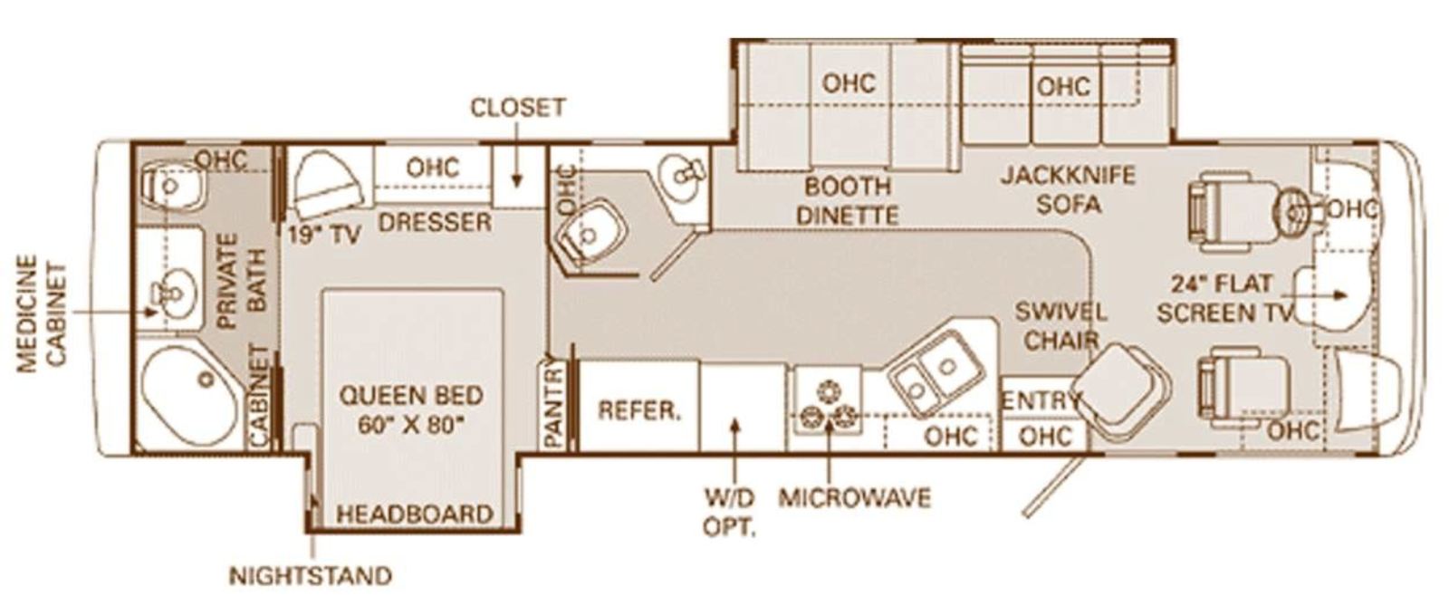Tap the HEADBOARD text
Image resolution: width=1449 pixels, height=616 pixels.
pos(415,515)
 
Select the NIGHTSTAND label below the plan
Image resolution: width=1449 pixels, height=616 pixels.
pos(311,575)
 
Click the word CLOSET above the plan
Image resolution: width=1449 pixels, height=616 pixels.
pos(518,108)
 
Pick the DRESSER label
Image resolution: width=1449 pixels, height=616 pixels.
pos(435,223)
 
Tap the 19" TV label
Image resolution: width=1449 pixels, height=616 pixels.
pos(324,236)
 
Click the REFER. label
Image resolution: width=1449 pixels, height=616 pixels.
pos(639,410)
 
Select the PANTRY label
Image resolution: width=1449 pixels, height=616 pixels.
pos(554,405)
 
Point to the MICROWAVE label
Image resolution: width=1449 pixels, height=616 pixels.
pos(855,497)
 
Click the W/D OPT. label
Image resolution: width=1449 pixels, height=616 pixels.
pos(730,513)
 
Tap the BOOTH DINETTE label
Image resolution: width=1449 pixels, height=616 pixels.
pos(848,200)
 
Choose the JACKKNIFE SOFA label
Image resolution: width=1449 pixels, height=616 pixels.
pos(1068,189)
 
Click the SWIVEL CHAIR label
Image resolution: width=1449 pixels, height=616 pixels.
pos(1060,325)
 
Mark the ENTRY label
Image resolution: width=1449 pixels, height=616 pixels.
pos(1041,401)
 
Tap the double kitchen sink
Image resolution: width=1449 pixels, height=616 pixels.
pos(936,373)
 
